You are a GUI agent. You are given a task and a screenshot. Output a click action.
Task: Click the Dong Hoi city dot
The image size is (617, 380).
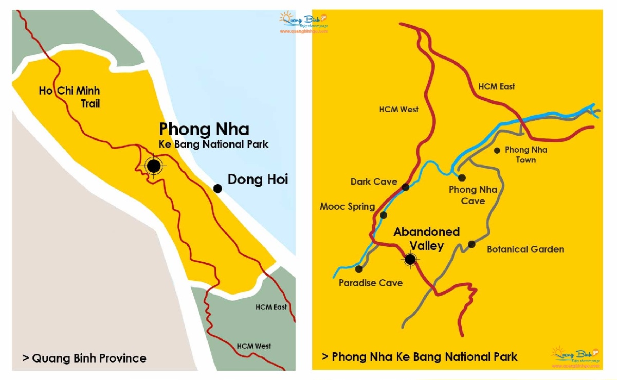tap(217, 189)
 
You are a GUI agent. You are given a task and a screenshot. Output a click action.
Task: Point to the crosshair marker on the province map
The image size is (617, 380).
tap(153, 166)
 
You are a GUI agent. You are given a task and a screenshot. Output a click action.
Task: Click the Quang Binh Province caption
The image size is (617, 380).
tap(84, 358)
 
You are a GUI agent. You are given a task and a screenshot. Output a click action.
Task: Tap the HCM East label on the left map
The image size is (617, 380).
tap(271, 307)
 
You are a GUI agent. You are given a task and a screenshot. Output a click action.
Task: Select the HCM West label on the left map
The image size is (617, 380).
tap(254, 346)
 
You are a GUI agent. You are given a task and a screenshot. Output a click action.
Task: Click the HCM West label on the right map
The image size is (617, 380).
tap(398, 109)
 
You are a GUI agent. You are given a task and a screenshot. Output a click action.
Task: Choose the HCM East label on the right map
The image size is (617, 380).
tap(497, 86)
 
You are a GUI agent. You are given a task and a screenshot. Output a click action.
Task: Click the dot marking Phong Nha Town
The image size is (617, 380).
tap(497, 151)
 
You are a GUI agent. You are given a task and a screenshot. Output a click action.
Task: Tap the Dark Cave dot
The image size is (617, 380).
tap(405, 187)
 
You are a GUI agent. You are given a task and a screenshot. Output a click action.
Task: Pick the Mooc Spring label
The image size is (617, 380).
tap(347, 207)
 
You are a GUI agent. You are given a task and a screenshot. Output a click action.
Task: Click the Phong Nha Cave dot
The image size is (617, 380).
tap(462, 178)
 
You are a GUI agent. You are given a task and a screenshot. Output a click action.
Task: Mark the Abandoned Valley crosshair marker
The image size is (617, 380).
tap(410, 260)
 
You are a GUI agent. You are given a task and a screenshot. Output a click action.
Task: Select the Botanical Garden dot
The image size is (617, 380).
tap(471, 244)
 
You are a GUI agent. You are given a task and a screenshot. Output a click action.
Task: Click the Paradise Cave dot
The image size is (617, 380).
tap(358, 269)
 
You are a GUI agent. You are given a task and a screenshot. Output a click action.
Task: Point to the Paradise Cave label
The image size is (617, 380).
tap(371, 283)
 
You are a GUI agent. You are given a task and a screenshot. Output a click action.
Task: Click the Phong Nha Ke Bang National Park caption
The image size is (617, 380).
tap(420, 356)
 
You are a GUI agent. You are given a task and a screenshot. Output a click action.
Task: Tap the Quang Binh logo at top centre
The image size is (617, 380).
tap(303, 22)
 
